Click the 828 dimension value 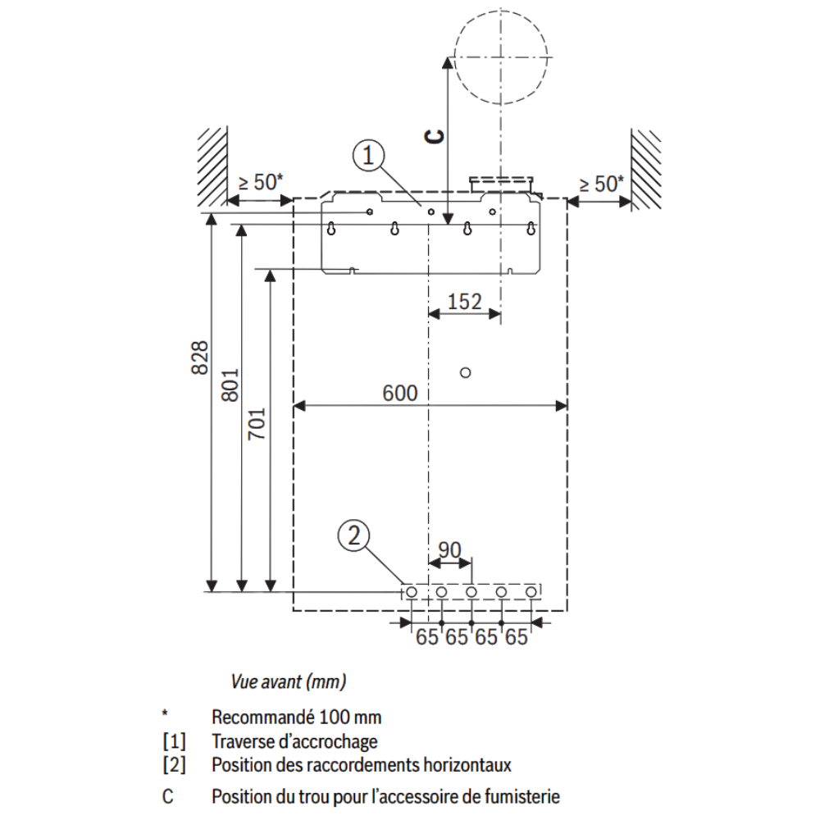point(199,358)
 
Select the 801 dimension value point(230,385)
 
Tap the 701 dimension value point(257,424)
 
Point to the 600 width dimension point(400,394)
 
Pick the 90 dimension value point(449,549)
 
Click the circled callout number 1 point(369,156)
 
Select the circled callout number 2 point(354,536)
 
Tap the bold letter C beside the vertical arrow point(434,136)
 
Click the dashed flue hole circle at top point(455,57)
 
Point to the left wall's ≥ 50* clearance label point(261,183)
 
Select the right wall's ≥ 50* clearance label point(601,184)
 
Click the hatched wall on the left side point(212,166)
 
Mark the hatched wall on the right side point(646,169)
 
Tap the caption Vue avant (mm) point(288,682)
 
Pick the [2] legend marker point(174,765)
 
